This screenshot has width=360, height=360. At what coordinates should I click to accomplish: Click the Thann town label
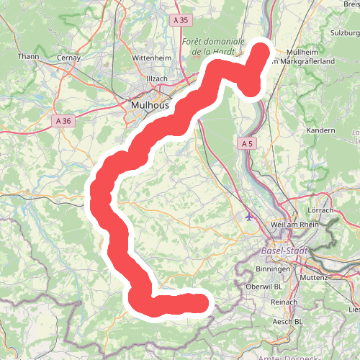pos(28,56)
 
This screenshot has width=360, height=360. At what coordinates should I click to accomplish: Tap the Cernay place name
pos(68,58)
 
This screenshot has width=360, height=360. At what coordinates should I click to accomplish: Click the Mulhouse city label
pos(150,105)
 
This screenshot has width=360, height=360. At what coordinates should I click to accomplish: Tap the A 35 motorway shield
pos(184,22)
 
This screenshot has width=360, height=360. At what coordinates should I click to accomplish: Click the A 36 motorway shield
pos(63,122)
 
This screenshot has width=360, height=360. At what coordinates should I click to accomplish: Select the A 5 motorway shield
pos(247,144)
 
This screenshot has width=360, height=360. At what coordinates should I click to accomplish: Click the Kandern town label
pos(320,130)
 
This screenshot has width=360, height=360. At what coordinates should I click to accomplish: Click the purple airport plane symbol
pos(250,215)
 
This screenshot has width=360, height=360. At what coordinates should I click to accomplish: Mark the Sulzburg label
pos(343,32)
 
